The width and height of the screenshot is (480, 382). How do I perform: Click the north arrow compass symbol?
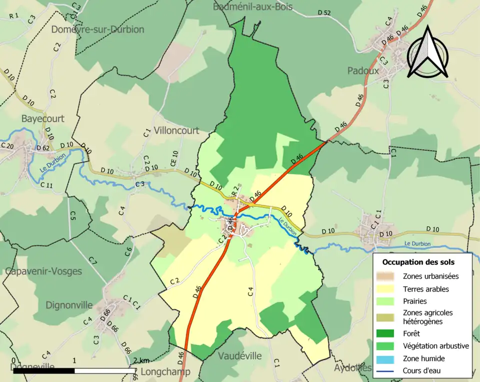click(x=427, y=53)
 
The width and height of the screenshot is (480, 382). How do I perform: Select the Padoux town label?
click(x=362, y=71)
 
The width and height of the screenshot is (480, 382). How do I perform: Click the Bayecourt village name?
click(x=42, y=119)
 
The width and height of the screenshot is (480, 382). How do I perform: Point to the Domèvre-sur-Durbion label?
click(x=97, y=30)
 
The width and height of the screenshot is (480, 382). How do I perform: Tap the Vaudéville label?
click(x=240, y=356)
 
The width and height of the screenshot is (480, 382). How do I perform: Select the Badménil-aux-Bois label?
click(x=252, y=7)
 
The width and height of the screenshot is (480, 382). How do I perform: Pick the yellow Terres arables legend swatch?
click(x=388, y=289)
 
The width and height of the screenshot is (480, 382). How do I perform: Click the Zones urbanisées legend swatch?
click(x=388, y=276)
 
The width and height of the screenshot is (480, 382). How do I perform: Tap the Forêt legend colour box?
click(x=388, y=333)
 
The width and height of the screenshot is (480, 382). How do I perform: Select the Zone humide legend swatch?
click(x=388, y=358)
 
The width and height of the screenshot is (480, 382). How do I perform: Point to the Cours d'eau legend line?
click(x=388, y=371)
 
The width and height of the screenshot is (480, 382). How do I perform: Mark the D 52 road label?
click(x=324, y=13)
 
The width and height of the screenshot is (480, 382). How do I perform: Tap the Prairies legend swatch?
click(x=388, y=301)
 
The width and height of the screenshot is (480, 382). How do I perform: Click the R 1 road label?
click(x=13, y=16)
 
